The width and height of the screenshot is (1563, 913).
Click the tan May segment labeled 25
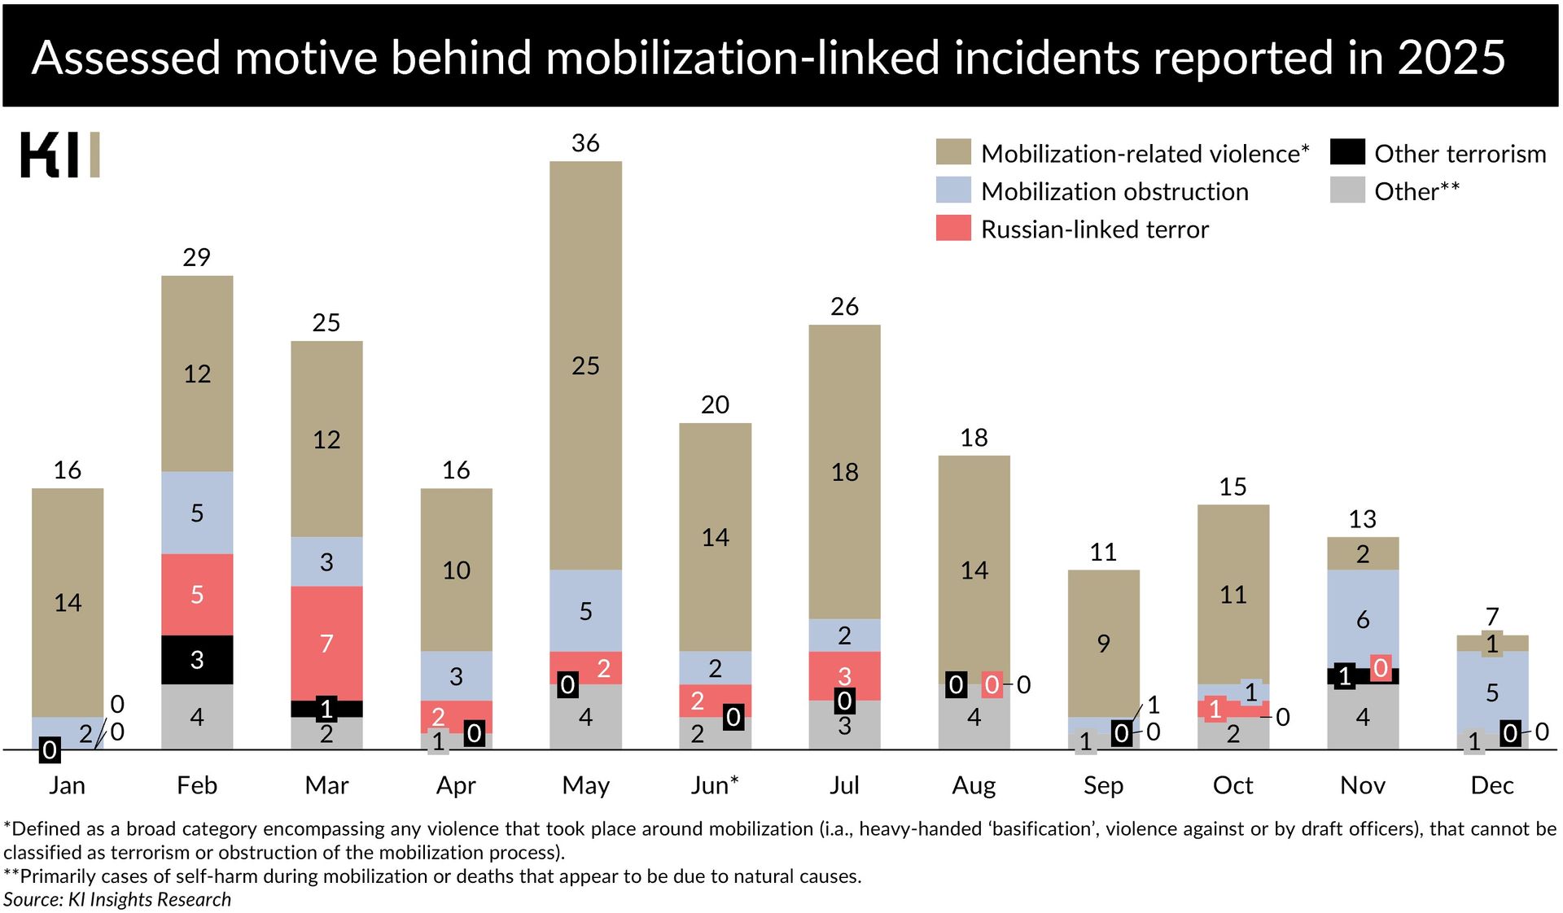[585, 365]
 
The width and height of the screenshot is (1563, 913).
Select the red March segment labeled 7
[326, 643]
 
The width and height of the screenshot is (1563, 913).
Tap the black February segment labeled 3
[197, 659]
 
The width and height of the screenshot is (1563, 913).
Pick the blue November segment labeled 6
[1362, 619]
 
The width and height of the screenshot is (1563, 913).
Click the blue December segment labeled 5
[1491, 692]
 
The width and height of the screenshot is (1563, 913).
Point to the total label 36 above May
[585, 143]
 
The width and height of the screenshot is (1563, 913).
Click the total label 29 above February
[197, 257]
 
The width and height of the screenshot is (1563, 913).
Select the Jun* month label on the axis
[714, 785]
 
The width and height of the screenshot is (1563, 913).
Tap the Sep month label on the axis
[1103, 785]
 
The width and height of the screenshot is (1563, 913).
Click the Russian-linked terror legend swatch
[953, 229]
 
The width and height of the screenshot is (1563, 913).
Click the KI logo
[59, 155]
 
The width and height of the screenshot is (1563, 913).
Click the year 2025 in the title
[1451, 58]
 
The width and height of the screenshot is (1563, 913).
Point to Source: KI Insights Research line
[117, 899]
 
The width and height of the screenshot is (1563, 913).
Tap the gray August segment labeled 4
[974, 717]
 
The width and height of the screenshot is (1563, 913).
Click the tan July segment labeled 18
[844, 472]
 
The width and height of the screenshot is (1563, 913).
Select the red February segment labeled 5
[197, 594]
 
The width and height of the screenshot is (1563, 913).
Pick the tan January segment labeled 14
[68, 602]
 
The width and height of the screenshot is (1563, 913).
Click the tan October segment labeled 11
[1232, 594]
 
